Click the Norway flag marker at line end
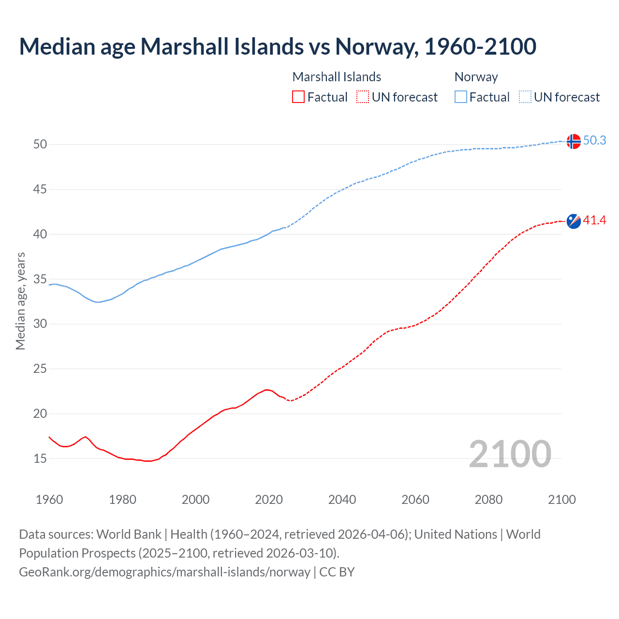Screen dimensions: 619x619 574,141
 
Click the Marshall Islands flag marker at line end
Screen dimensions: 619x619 574,221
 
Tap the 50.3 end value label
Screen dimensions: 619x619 594,140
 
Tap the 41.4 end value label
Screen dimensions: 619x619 594,221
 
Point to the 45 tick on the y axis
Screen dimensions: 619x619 40,189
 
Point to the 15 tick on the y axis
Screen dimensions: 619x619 40,458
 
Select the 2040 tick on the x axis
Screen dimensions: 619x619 342,500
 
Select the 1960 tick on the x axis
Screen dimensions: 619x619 49,500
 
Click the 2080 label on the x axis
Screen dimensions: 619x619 488,500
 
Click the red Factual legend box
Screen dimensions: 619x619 298,97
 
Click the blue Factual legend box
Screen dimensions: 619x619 461,97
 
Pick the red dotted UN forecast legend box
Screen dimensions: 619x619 363,97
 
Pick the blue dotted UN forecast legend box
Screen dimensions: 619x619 525,97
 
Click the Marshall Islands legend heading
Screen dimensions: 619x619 337,77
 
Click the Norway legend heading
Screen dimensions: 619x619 476,77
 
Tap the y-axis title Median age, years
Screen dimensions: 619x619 20,301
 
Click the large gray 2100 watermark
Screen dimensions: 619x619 510,454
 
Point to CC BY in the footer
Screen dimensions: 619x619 337,572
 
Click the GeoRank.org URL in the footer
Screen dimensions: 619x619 164,572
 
